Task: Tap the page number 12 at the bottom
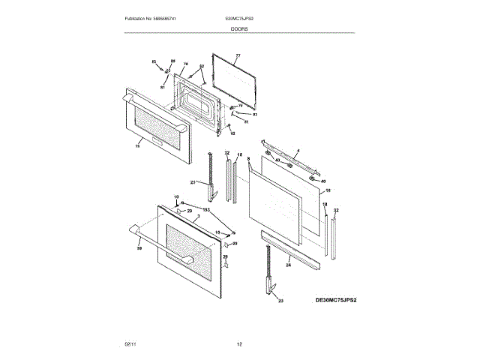(x=239, y=343)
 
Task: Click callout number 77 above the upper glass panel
(x=237, y=56)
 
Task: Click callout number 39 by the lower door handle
(x=139, y=248)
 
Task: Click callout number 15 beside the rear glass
(x=327, y=190)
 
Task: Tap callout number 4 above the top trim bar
(x=297, y=152)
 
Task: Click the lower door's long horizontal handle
(x=135, y=234)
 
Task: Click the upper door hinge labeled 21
(x=212, y=176)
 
